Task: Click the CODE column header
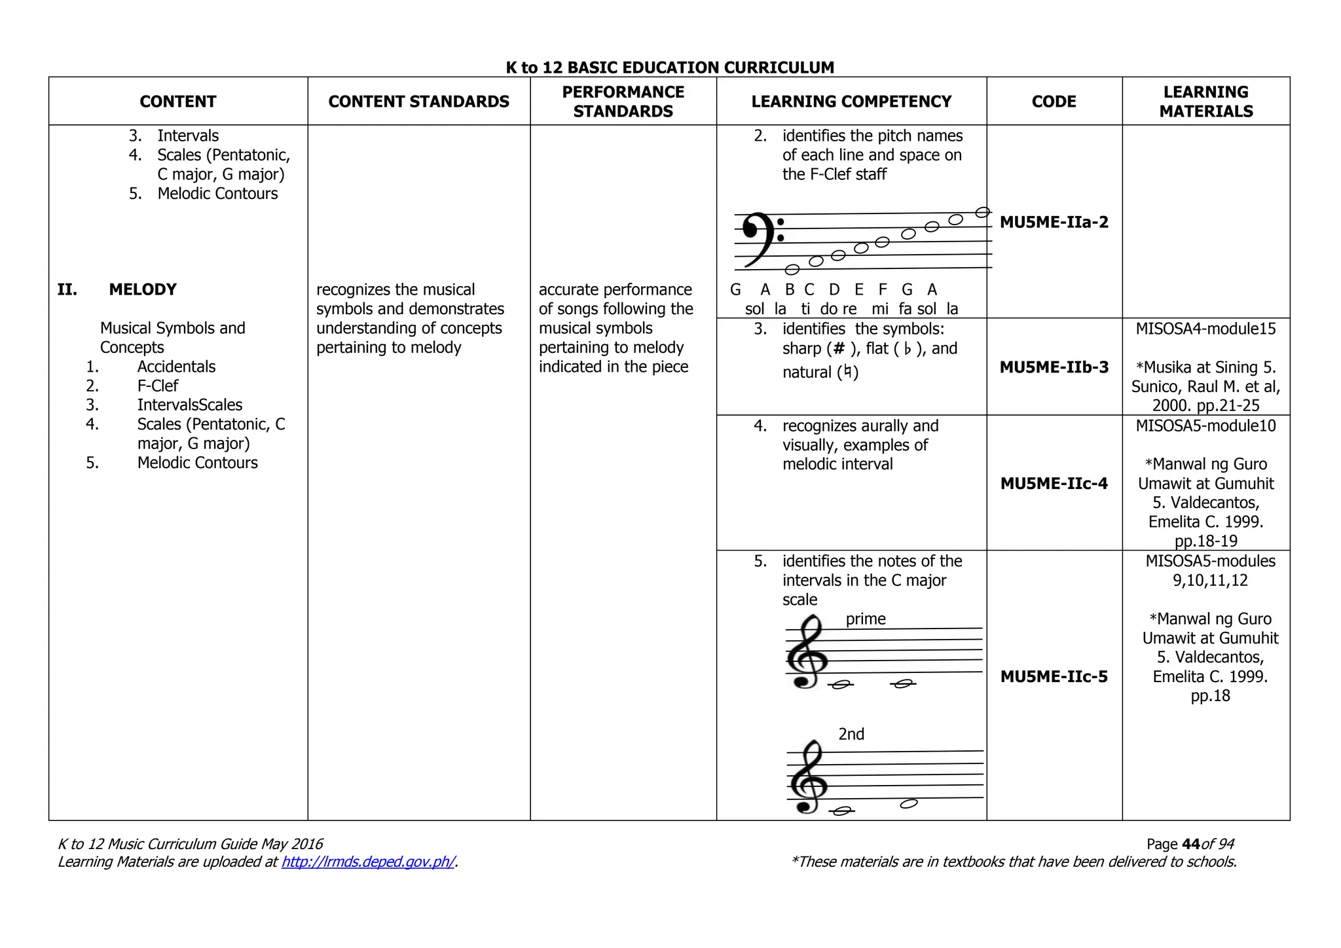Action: (1054, 101)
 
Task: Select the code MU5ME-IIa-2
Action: (1054, 222)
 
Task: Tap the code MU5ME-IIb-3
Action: (1054, 367)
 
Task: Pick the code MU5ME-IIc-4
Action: (1054, 484)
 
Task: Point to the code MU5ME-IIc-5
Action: (1054, 676)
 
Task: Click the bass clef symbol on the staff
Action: (760, 238)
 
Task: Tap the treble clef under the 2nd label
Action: (806, 778)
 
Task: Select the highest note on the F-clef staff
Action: (982, 212)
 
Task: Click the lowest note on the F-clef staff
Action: (792, 269)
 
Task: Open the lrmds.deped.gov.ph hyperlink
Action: (368, 862)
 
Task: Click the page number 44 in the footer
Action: (1191, 844)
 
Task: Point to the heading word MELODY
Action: (143, 289)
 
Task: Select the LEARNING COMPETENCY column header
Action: (851, 101)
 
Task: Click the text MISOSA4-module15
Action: (1205, 329)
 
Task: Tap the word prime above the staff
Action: (865, 619)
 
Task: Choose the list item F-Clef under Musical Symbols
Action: (157, 386)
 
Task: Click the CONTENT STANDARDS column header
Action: (418, 101)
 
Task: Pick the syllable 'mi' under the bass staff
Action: (880, 309)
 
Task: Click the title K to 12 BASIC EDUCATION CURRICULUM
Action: (670, 67)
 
